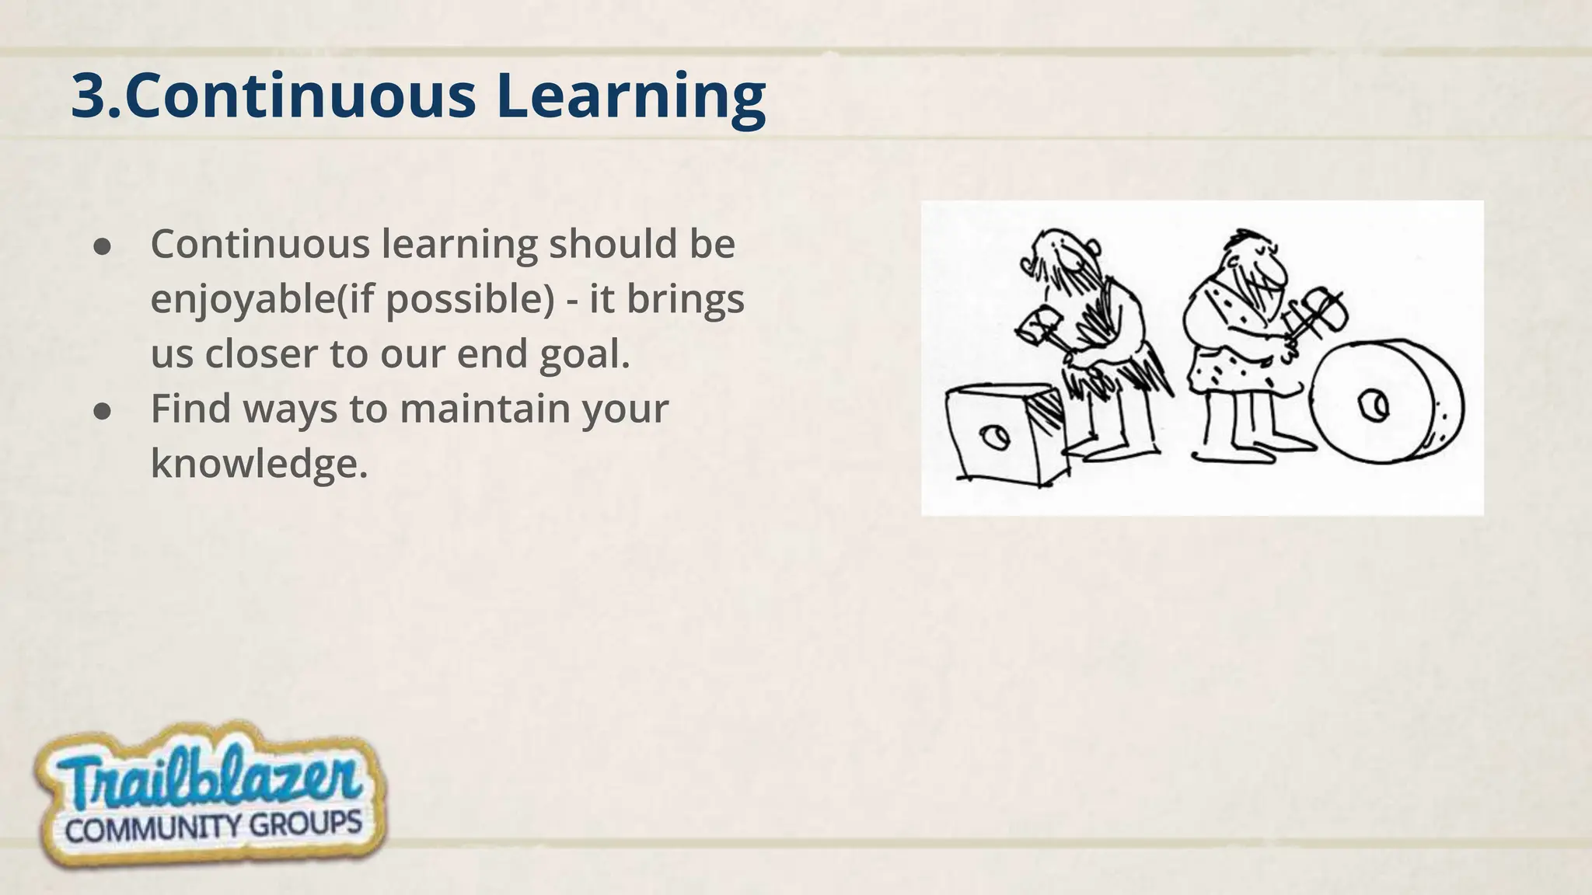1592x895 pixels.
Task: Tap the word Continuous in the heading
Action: (x=300, y=96)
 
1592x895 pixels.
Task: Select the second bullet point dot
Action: (x=102, y=412)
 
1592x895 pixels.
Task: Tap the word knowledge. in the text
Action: (x=259, y=464)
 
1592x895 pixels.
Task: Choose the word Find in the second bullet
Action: (x=190, y=409)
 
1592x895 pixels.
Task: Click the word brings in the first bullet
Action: (x=685, y=299)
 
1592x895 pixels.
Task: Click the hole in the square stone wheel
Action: (x=993, y=437)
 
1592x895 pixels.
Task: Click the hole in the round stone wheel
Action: (x=1373, y=405)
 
